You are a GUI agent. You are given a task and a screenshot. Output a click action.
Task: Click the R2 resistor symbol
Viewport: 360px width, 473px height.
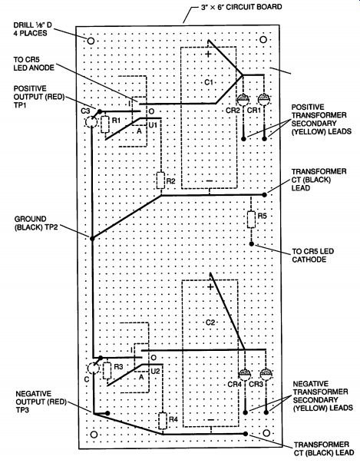[x=160, y=180]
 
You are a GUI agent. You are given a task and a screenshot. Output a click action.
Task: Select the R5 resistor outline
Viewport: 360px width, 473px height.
[x=252, y=220]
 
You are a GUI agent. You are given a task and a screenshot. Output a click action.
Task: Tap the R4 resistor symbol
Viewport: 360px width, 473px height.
[x=163, y=421]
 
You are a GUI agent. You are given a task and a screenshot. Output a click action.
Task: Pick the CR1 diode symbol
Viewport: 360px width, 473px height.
[x=264, y=99]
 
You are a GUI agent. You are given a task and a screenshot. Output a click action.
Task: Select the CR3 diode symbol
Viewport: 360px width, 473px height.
[x=266, y=374]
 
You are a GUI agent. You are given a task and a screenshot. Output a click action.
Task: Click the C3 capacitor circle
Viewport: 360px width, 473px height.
[x=91, y=122]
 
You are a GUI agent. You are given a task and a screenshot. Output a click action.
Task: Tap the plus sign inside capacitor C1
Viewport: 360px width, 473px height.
[x=208, y=54]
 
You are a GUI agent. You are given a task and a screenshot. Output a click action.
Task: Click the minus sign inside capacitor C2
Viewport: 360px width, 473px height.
[x=211, y=420]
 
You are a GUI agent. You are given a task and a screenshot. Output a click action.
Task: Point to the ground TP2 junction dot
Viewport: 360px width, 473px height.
[x=92, y=238]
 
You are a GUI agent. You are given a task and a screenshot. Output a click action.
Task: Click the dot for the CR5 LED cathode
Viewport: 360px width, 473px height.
[x=252, y=243]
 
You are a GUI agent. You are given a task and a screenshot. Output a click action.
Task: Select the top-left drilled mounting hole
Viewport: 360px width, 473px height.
[x=91, y=41]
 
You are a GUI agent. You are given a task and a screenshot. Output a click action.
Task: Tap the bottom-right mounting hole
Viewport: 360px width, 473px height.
[x=266, y=433]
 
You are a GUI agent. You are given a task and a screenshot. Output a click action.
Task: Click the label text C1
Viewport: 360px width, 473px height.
[x=209, y=81]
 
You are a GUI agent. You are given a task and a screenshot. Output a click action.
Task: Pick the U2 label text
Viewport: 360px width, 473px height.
[x=155, y=371]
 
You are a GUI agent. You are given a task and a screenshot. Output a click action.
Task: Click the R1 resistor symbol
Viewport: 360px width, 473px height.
[x=105, y=124]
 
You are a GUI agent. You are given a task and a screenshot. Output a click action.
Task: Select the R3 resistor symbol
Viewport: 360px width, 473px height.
[x=107, y=371]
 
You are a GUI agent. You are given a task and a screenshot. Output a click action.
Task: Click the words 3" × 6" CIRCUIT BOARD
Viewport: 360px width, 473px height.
[x=242, y=7]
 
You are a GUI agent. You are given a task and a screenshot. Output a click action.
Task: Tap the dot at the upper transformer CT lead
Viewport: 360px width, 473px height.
[x=264, y=195]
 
